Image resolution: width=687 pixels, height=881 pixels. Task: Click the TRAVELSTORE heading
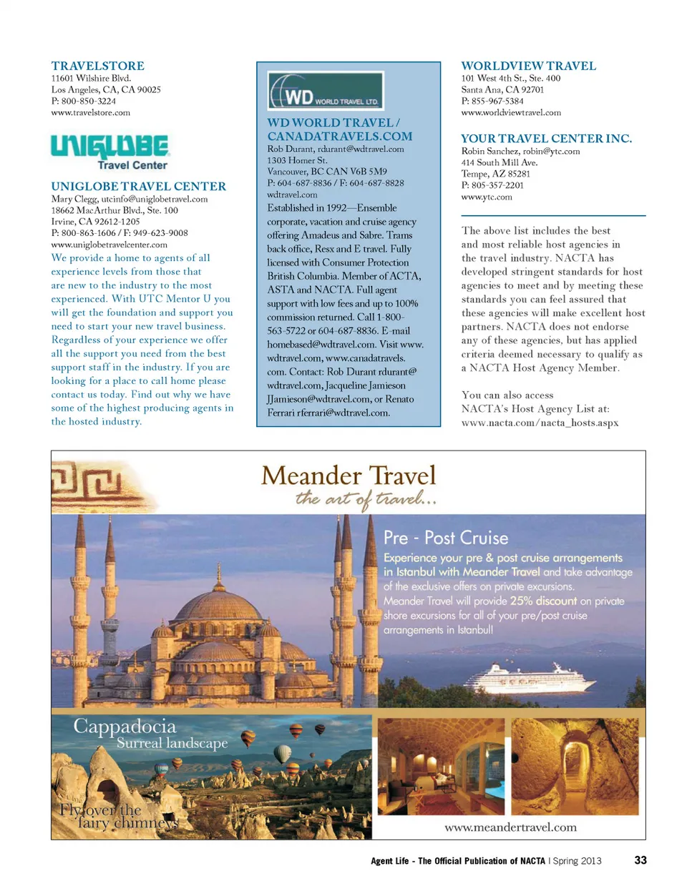coord(97,66)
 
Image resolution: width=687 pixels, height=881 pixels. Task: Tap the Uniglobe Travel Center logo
coord(109,152)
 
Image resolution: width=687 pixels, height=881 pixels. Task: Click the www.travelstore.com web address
coord(91,112)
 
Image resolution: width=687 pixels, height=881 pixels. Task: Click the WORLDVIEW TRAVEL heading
coord(528,66)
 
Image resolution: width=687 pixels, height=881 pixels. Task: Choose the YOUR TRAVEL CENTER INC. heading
coord(546,139)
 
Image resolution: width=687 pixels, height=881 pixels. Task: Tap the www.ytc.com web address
coord(487,197)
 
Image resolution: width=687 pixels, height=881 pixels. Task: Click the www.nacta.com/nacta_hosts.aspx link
coord(540,422)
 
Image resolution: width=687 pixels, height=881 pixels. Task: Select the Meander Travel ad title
coord(349,475)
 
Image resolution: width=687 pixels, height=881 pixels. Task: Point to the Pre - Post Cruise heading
coord(446,537)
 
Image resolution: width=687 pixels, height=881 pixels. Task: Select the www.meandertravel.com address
coord(510,827)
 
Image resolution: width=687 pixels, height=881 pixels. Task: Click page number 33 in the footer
coord(640,860)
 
